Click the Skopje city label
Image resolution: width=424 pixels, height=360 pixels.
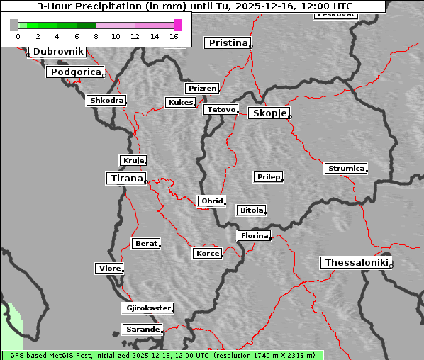269,113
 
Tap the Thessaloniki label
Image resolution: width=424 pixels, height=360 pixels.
356,263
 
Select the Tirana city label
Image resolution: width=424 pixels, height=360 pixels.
125,179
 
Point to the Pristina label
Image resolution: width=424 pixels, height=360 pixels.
228,43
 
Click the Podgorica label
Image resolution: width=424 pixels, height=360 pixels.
74,72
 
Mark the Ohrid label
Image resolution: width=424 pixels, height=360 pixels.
211,201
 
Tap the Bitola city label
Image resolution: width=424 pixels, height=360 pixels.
251,210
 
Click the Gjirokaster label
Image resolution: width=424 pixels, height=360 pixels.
147,308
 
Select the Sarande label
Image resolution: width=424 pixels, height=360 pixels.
142,330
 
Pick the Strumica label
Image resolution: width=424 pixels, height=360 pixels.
346,169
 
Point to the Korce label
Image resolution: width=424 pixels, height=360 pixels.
207,254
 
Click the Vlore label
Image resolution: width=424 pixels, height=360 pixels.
108,269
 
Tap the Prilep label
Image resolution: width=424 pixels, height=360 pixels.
268,176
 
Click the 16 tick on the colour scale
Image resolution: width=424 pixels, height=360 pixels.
174,36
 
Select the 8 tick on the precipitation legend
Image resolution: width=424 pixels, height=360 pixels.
96,36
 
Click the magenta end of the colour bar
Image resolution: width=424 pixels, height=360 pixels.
177,26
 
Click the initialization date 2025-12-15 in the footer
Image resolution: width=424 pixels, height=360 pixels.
152,355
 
